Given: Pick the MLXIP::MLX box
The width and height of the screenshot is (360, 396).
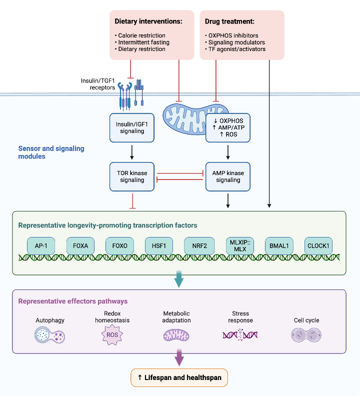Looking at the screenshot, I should point(238,245).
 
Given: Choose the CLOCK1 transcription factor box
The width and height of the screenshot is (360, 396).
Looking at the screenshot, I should point(318,245).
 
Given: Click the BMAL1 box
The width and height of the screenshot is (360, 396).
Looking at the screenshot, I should point(278,245).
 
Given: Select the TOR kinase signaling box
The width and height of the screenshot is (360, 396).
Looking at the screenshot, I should point(132,176).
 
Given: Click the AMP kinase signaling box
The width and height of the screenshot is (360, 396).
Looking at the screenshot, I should point(228,176).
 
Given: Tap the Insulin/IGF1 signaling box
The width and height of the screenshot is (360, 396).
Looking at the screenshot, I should point(132,127).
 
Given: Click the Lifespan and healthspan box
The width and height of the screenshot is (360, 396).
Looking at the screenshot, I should point(179,377).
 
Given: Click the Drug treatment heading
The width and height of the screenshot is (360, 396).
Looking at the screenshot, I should point(229,21).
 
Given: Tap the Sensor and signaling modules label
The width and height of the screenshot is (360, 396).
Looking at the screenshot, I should point(51,152).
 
